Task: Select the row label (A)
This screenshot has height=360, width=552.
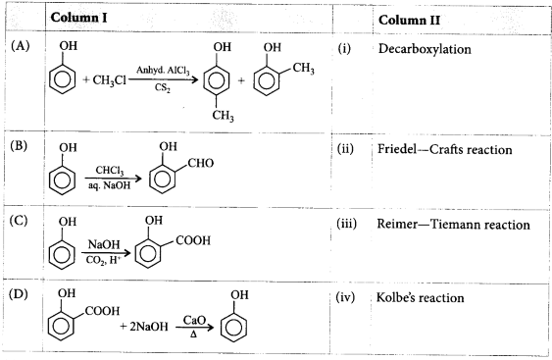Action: (20, 47)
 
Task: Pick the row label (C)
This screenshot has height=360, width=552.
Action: (20, 221)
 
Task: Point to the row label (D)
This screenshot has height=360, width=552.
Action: (20, 293)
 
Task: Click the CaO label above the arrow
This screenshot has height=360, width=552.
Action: (191, 319)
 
